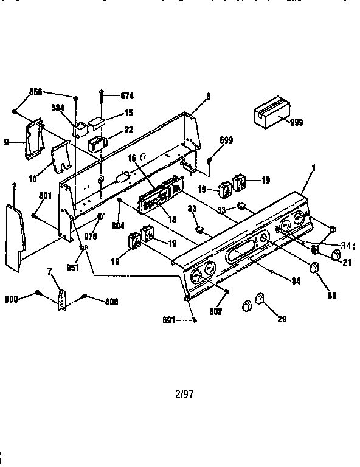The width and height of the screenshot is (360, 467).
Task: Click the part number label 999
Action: pos(296,122)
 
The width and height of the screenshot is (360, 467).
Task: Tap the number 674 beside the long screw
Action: pos(127,96)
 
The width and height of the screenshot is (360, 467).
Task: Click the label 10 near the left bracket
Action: pos(33,179)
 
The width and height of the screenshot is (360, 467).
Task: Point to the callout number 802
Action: pos(216,311)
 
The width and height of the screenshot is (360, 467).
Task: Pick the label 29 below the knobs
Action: pos(282,318)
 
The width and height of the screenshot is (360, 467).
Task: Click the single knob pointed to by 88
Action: pos(314,268)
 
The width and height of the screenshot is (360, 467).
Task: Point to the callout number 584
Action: pos(58,108)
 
